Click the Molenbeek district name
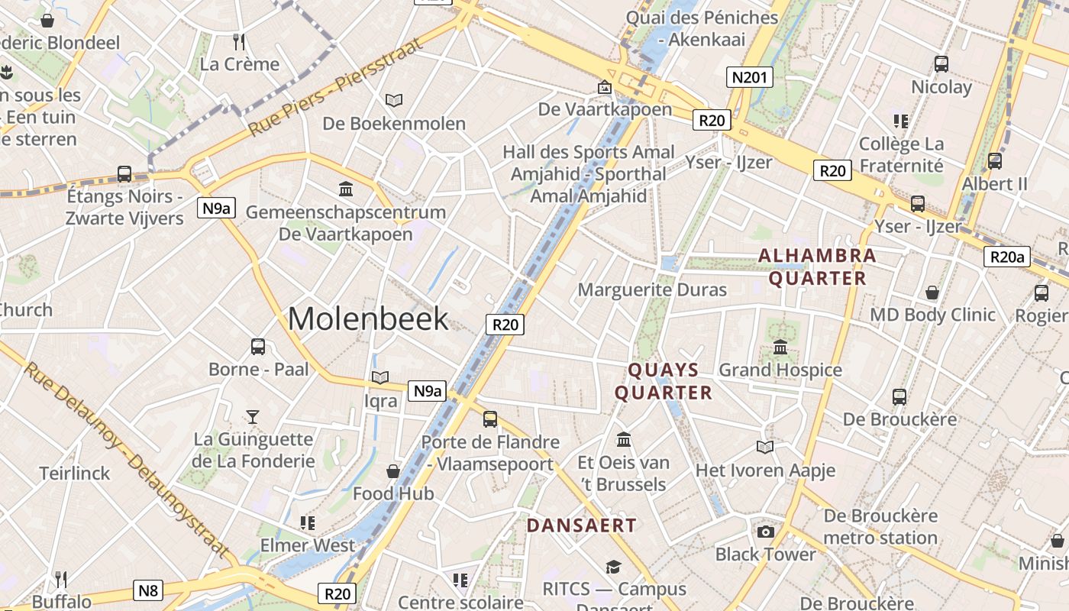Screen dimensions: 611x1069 [368, 318]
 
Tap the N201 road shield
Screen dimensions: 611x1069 [749, 77]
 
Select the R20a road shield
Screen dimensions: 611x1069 [1006, 257]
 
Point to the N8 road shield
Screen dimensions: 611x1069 [148, 590]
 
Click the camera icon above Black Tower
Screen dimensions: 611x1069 [765, 532]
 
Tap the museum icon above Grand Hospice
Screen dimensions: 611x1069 [780, 348]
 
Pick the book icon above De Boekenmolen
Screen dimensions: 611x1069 [394, 100]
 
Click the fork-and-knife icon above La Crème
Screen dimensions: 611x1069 [239, 41]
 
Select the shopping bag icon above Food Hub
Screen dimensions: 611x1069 [393, 470]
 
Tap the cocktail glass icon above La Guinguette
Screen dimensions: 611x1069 [253, 416]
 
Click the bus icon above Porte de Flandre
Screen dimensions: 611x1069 [490, 419]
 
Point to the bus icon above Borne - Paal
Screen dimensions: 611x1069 [258, 346]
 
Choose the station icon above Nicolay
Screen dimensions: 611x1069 [941, 64]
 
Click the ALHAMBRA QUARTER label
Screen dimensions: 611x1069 [817, 267]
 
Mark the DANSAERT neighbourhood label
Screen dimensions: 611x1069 [581, 525]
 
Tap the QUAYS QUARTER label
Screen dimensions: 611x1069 [664, 381]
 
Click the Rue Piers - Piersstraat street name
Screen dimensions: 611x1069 [336, 89]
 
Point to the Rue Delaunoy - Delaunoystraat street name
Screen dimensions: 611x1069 [127, 461]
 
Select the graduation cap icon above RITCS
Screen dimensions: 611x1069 [613, 567]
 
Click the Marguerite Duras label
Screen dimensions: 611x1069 [652, 290]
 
